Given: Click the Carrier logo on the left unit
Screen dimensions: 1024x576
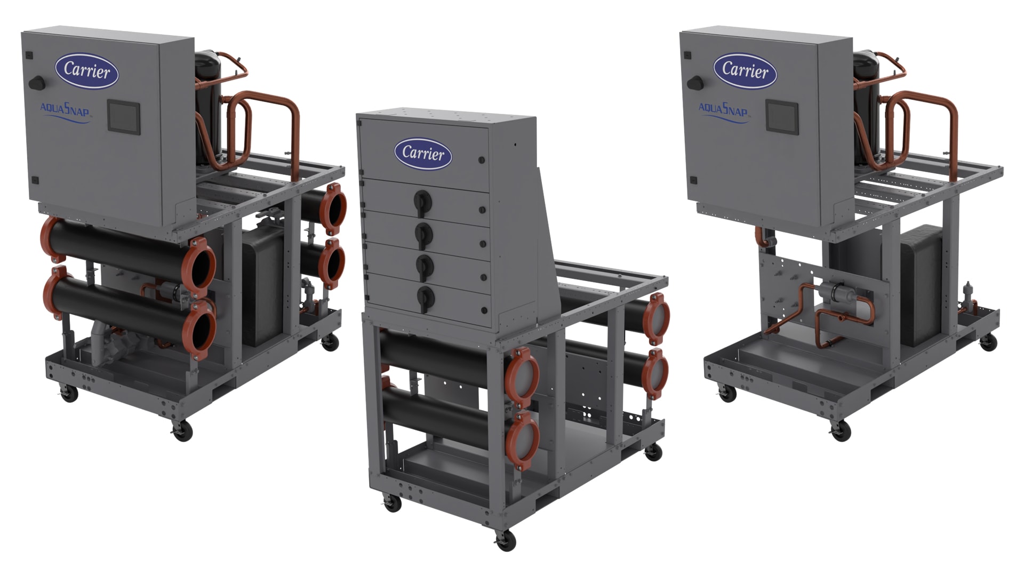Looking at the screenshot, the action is (87, 70).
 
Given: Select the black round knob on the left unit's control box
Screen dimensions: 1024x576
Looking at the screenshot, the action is (37, 83).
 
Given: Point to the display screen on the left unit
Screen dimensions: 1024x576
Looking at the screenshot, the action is (124, 116).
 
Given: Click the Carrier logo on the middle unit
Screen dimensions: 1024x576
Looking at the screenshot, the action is (423, 154).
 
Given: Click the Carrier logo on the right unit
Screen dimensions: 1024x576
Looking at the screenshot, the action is (745, 70).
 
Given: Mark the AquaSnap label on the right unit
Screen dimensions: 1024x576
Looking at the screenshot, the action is (723, 111).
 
